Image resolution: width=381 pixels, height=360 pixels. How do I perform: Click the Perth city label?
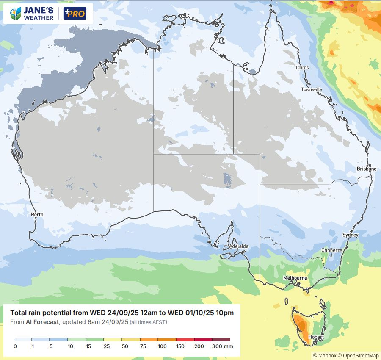point(37,215)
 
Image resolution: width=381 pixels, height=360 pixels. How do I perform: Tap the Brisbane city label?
point(366,169)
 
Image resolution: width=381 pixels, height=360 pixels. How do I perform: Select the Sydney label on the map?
point(350,235)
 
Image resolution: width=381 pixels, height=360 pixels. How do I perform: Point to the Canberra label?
point(331,250)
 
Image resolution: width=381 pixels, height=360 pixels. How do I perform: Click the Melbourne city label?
point(295,278)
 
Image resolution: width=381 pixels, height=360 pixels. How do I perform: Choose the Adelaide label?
point(238,246)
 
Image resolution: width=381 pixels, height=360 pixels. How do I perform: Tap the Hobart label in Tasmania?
point(316,337)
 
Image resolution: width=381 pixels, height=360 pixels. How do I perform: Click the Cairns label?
point(302,68)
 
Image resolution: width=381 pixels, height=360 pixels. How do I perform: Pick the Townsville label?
point(312,89)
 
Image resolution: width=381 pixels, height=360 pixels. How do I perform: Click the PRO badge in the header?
point(75,14)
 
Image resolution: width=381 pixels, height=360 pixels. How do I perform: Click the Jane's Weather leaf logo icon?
point(16,14)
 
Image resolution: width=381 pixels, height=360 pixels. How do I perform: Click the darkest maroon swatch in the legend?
point(221,340)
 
